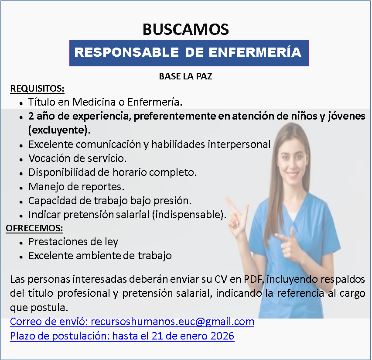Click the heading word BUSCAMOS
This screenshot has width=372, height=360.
[186, 29]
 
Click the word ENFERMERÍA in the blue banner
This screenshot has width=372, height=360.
[255, 52]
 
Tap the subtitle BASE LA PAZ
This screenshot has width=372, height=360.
[185, 76]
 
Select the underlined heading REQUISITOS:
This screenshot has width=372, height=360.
[37, 89]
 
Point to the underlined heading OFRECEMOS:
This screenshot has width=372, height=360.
[34, 228]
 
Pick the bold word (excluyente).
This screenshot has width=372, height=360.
[59, 130]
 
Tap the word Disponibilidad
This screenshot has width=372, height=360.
[62, 172]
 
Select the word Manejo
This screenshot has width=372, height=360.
[46, 187]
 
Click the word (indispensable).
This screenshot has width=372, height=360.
[189, 215]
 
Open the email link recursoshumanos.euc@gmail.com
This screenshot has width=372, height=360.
[172, 322]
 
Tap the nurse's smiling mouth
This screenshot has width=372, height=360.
[292, 175]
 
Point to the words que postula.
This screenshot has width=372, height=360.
[39, 308]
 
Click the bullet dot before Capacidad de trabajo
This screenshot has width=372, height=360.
[21, 202]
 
